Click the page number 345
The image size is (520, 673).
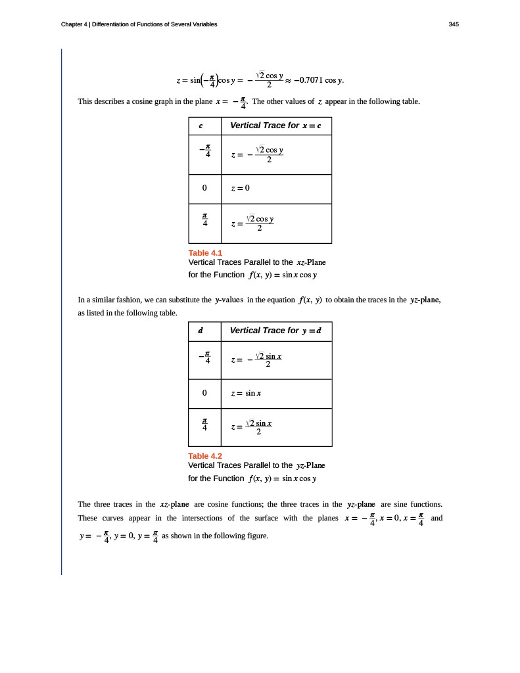454,24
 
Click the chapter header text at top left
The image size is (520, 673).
139,24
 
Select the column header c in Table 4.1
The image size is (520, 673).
201,126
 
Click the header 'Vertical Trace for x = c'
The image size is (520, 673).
275,126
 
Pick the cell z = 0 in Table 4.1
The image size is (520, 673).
240,188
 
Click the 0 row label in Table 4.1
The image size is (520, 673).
204,188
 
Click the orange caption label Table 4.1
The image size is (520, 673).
205,253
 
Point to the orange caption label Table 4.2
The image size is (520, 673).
205,456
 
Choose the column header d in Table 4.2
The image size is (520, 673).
201,331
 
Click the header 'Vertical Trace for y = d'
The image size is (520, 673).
275,331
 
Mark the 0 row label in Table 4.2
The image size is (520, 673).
204,393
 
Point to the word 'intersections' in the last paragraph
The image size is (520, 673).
205,518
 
